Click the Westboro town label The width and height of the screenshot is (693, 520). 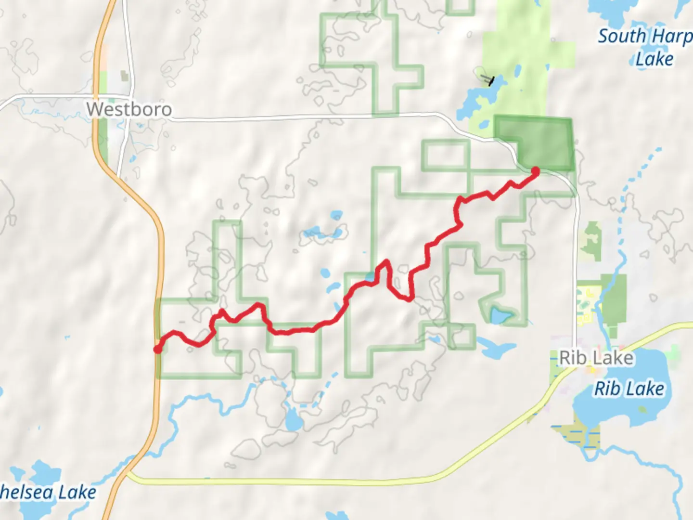129,109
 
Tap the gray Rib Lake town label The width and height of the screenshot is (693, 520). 596,358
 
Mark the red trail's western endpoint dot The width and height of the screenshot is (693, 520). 157,349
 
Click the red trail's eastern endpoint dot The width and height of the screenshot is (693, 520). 535,170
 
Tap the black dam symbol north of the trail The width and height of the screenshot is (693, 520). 489,80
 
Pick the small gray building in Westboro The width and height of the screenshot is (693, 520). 125,76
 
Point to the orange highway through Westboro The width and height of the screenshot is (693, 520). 101,120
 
